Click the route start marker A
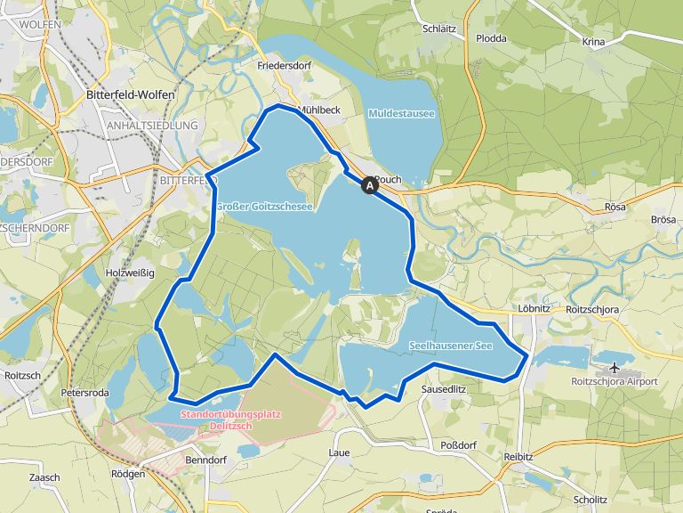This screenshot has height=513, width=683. click(x=369, y=186)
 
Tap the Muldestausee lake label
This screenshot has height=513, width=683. click(x=400, y=113)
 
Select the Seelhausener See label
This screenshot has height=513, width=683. click(x=451, y=345)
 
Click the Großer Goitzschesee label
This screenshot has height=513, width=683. click(x=264, y=207)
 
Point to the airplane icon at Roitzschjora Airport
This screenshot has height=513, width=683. click(x=615, y=367)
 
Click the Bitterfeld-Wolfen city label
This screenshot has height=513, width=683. click(x=131, y=94)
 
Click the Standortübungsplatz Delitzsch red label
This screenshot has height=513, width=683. click(x=216, y=420)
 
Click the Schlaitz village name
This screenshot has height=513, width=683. click(x=440, y=28)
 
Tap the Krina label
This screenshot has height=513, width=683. click(x=592, y=42)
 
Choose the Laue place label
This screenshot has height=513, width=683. click(x=339, y=452)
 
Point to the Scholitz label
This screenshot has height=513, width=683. click(x=591, y=500)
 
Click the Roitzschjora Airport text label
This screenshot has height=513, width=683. click(x=614, y=381)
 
